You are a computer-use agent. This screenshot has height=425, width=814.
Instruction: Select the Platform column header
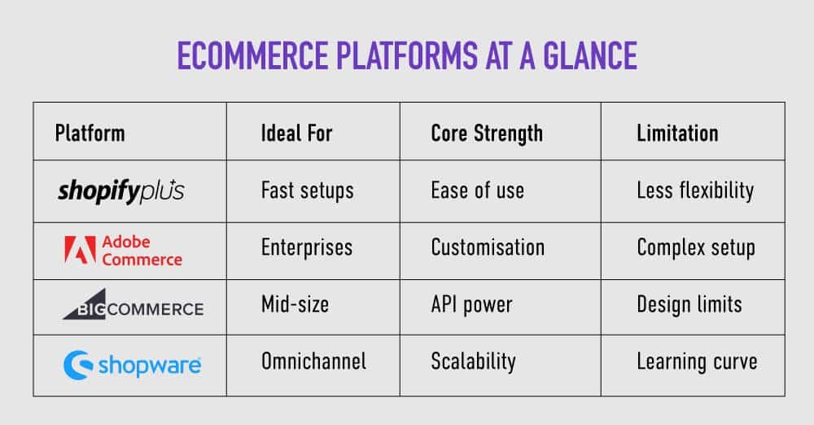pyautogui.click(x=90, y=133)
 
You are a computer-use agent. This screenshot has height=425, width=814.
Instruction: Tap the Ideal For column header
pyautogui.click(x=296, y=133)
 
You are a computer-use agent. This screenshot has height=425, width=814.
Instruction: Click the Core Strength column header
pyautogui.click(x=486, y=133)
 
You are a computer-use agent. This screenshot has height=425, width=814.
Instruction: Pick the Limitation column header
pyautogui.click(x=676, y=133)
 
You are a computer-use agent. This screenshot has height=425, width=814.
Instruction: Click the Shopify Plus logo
pyautogui.click(x=120, y=191)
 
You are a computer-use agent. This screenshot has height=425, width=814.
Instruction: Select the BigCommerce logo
pyautogui.click(x=133, y=308)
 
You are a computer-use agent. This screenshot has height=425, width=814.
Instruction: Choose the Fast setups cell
pyautogui.click(x=307, y=191)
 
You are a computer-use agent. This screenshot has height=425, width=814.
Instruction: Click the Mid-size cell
pyautogui.click(x=295, y=305)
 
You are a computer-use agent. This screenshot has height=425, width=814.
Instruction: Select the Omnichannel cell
pyautogui.click(x=313, y=361)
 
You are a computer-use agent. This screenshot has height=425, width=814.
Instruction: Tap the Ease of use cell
pyautogui.click(x=477, y=191)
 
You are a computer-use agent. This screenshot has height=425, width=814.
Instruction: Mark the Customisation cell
pyautogui.click(x=487, y=248)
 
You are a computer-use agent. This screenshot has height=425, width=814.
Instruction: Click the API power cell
pyautogui.click(x=471, y=305)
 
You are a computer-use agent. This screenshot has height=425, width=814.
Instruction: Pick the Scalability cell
pyautogui.click(x=473, y=361)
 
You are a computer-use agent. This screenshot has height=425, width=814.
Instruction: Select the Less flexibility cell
pyautogui.click(x=695, y=191)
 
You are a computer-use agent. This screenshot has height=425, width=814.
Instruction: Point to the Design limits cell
pyautogui.click(x=689, y=305)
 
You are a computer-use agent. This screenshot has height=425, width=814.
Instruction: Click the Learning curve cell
pyautogui.click(x=697, y=361)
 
